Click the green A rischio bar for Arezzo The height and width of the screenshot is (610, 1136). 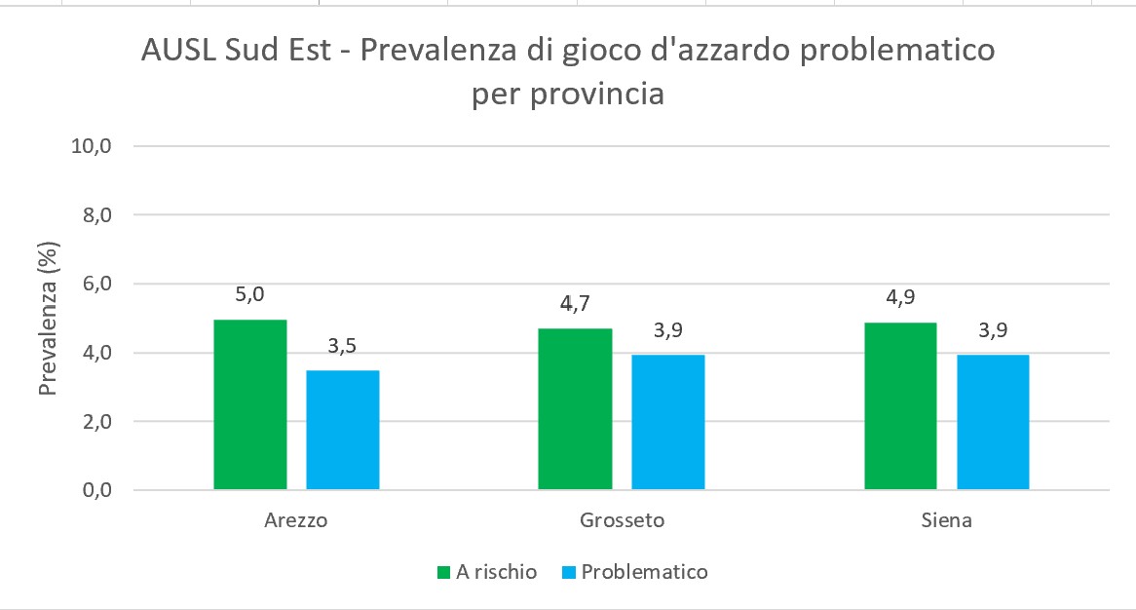click(250, 404)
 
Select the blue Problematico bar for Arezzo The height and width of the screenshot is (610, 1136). click(343, 430)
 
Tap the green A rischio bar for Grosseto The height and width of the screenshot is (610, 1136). click(575, 408)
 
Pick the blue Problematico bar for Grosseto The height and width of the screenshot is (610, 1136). click(667, 422)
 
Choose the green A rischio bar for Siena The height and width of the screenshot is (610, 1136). click(900, 405)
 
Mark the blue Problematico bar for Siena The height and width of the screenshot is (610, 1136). click(993, 422)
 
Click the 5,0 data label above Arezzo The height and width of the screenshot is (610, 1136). click(250, 294)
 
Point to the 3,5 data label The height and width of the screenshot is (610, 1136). click(343, 345)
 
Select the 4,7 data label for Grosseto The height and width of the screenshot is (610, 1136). click(575, 304)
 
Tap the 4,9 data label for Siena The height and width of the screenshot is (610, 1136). click(900, 297)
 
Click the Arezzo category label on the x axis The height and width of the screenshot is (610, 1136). click(296, 520)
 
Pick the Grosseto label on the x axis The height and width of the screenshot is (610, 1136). click(621, 520)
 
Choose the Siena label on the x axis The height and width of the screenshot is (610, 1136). click(946, 520)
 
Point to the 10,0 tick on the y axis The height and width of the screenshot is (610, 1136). click(93, 146)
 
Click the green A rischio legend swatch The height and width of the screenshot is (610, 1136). click(443, 572)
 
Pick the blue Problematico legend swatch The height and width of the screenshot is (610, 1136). click(568, 572)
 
